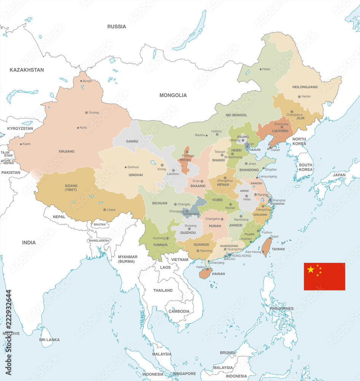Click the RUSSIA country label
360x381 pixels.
116,27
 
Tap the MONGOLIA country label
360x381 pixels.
173,95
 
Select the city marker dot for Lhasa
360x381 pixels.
105,210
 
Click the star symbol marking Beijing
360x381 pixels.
243,140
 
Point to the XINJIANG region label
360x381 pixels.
67,151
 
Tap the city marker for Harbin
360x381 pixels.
299,97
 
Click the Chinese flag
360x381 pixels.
324,277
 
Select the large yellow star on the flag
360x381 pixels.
311,270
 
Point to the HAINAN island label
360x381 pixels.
218,274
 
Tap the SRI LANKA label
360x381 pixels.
49,339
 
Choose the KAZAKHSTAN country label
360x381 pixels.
27,70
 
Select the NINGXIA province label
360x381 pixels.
185,160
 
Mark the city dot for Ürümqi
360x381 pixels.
86,112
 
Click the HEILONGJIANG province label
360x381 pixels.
305,87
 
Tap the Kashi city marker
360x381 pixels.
20,144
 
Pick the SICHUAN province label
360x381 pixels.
159,203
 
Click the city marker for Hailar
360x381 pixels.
261,69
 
